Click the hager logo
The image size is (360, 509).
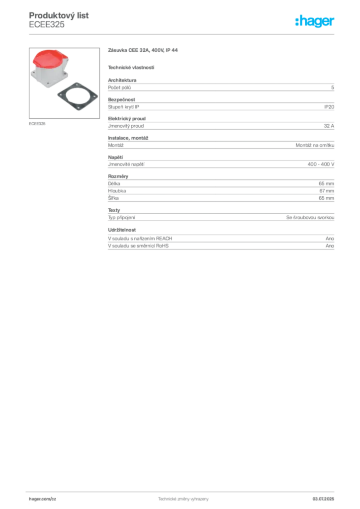314,21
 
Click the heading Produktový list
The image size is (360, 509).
59,15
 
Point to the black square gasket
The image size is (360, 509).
78,96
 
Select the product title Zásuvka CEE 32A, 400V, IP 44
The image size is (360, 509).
143,50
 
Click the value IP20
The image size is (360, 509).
329,107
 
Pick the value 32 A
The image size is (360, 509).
329,126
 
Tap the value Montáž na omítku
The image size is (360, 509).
315,145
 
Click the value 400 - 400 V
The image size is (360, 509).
321,164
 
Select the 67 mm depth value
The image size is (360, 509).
327,191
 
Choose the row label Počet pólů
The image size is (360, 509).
119,87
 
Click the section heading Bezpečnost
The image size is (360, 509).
121,99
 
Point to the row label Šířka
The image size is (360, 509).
113,198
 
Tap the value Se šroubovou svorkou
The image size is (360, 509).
310,218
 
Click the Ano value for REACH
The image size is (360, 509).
330,238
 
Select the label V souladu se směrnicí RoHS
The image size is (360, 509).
138,246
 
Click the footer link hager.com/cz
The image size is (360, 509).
43,499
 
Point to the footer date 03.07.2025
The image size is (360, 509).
323,499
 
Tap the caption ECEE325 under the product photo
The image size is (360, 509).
37,124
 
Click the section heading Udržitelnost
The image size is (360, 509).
122,230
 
